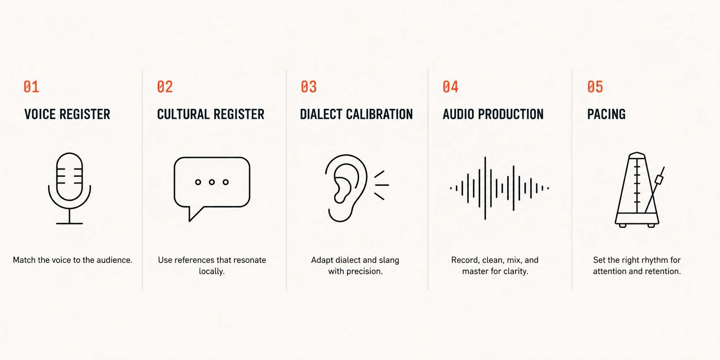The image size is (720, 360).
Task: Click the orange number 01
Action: [31, 87]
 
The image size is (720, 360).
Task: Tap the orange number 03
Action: [308, 87]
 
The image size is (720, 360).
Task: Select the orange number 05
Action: [595, 87]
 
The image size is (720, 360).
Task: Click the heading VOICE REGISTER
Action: [67, 114]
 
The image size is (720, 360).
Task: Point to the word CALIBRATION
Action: [379, 114]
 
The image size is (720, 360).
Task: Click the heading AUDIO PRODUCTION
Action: [493, 114]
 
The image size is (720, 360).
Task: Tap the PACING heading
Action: [606, 114]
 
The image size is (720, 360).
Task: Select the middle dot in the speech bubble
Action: [212, 182]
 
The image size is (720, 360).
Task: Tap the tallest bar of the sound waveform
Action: [485, 188]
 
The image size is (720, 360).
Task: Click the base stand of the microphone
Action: [69, 223]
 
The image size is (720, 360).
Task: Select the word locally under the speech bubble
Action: [211, 271]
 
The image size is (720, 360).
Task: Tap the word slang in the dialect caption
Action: [389, 260]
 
